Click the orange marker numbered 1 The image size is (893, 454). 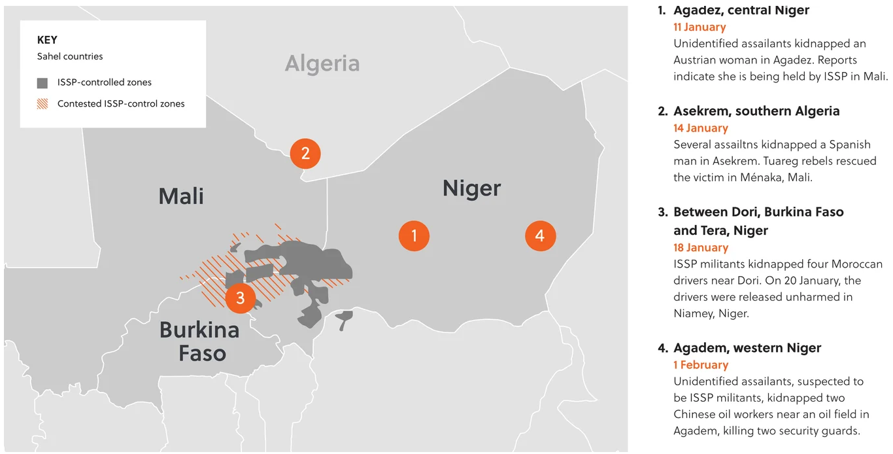(x=414, y=236)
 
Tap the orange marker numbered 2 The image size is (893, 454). (x=305, y=154)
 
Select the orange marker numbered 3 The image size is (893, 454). (x=241, y=298)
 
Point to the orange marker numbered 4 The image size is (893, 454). (x=540, y=236)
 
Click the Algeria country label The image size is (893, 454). (x=322, y=63)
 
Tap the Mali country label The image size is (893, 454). (x=181, y=196)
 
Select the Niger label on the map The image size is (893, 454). (x=471, y=188)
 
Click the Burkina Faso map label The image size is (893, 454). (x=200, y=341)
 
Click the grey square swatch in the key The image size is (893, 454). (x=42, y=83)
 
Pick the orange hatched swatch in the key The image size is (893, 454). (x=42, y=103)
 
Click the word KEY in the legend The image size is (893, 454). (x=47, y=40)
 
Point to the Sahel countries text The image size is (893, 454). (x=70, y=56)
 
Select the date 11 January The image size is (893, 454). (x=699, y=27)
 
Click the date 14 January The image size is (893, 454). (x=700, y=128)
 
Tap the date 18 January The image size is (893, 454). (x=701, y=248)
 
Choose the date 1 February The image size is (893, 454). (x=701, y=365)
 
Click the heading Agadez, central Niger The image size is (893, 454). (x=741, y=10)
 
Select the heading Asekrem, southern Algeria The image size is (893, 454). (x=756, y=111)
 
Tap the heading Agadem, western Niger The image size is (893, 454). (x=747, y=348)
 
